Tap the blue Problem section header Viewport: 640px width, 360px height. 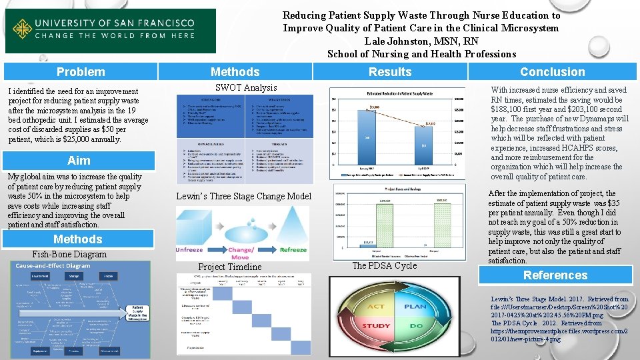pyautogui.click(x=81, y=71)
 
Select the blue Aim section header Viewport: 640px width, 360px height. pyautogui.click(x=79, y=161)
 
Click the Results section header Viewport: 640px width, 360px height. pyautogui.click(x=390, y=71)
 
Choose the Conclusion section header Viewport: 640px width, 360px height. pyautogui.click(x=552, y=72)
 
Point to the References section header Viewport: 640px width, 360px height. pyautogui.click(x=555, y=275)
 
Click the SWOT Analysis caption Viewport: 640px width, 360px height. pyautogui.click(x=246, y=88)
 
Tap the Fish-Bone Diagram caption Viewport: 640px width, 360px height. pyautogui.click(x=69, y=254)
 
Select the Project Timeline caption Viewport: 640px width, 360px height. pyautogui.click(x=229, y=267)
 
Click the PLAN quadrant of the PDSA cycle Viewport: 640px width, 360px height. pyautogui.click(x=415, y=307)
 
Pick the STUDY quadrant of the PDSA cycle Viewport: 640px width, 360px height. pyautogui.click(x=376, y=326)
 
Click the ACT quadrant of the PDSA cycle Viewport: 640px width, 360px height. pyautogui.click(x=376, y=307)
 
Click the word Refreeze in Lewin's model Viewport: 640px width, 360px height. pyautogui.click(x=293, y=249)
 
